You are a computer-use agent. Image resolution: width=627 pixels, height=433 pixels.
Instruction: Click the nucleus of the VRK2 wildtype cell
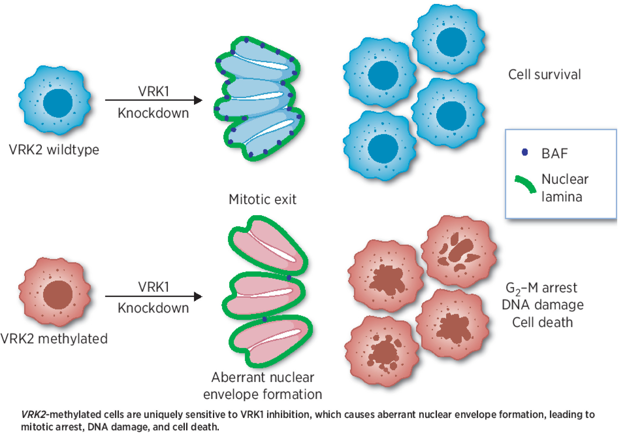(x=58, y=102)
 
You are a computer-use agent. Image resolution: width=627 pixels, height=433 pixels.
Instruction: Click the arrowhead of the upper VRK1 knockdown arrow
(x=198, y=100)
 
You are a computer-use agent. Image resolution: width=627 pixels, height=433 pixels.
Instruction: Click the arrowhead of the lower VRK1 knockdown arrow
(x=198, y=296)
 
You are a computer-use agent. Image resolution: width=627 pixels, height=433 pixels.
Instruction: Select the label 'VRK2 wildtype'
(x=54, y=150)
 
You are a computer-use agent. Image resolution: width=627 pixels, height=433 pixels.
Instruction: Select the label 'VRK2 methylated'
(x=54, y=339)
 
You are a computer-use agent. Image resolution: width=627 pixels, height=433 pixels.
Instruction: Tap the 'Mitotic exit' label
(x=262, y=199)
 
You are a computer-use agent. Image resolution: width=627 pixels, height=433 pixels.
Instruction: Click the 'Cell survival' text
(x=544, y=75)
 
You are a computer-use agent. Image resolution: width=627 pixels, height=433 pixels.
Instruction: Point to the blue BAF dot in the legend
(x=525, y=152)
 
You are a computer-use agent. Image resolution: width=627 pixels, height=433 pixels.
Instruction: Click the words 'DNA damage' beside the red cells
(x=543, y=305)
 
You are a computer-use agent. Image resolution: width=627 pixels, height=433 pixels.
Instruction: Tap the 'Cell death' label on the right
(x=542, y=323)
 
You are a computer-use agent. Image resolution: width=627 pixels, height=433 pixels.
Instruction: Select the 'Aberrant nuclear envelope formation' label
(x=262, y=386)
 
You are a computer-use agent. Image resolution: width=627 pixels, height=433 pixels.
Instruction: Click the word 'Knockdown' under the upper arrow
(x=153, y=113)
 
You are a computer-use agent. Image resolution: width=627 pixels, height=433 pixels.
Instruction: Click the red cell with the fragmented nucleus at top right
(x=459, y=252)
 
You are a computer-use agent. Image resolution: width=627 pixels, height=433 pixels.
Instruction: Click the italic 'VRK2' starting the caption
(x=33, y=415)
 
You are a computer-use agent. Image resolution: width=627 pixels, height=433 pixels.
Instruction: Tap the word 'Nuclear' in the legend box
(x=565, y=179)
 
